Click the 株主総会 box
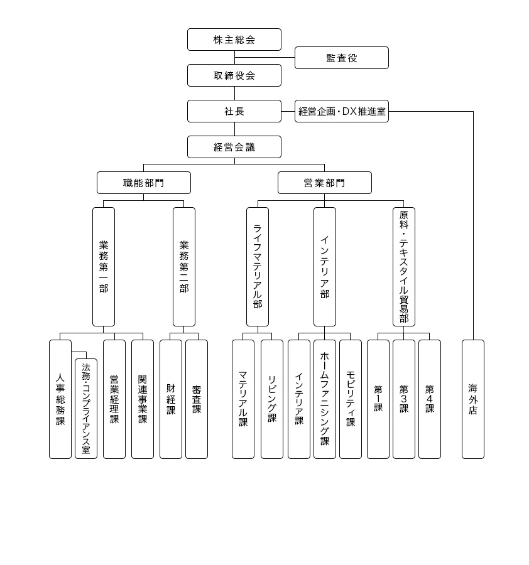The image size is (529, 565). click(234, 40)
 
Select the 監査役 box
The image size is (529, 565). click(341, 58)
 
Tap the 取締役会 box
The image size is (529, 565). click(234, 75)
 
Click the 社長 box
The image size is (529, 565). click(234, 111)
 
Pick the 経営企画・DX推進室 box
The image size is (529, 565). click(341, 111)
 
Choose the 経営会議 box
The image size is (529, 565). click(234, 147)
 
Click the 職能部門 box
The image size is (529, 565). click(143, 183)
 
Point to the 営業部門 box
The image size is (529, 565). click(324, 183)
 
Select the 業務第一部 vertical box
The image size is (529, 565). click(104, 267)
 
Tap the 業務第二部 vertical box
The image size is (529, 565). click(184, 267)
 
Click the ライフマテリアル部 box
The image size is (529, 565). click(258, 267)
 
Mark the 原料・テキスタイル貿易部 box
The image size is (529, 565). click(404, 267)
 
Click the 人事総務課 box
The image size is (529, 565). click(60, 399)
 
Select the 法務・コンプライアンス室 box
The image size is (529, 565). click(86, 408)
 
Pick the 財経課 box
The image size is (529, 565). click(171, 399)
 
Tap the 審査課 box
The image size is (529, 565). click(197, 399)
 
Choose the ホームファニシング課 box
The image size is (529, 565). click(325, 399)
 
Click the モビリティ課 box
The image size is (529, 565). click(351, 399)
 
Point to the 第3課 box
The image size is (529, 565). click(404, 399)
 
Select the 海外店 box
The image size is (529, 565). click(473, 399)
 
